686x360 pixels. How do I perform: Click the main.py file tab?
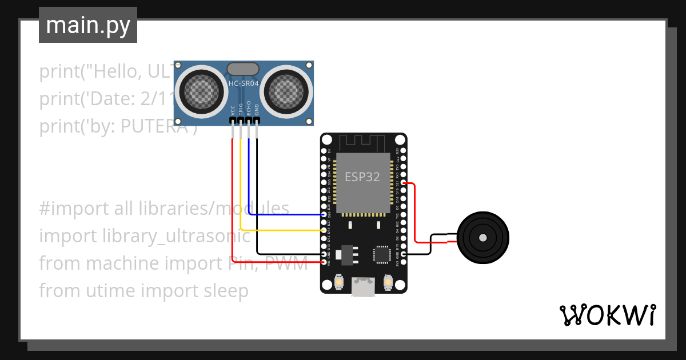[87, 25]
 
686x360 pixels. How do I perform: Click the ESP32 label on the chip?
[362, 177]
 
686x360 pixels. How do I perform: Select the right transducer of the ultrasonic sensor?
[288, 90]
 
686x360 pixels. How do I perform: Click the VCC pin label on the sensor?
[233, 110]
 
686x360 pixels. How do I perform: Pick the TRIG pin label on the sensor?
[241, 109]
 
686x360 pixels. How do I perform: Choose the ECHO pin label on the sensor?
[249, 109]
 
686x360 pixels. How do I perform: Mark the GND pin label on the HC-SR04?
[257, 109]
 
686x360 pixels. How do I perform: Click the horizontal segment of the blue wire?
[286, 215]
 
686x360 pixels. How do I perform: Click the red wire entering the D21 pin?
[410, 183]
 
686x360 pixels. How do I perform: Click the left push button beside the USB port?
[338, 282]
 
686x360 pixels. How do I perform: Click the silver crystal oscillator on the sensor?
[244, 69]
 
